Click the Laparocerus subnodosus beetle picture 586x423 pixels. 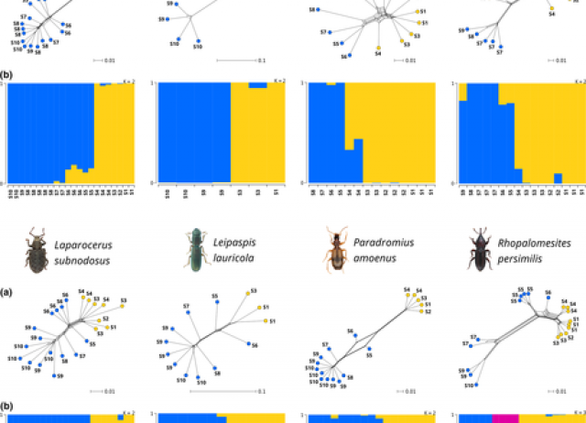(36, 253)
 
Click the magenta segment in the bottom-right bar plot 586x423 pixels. (505, 418)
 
